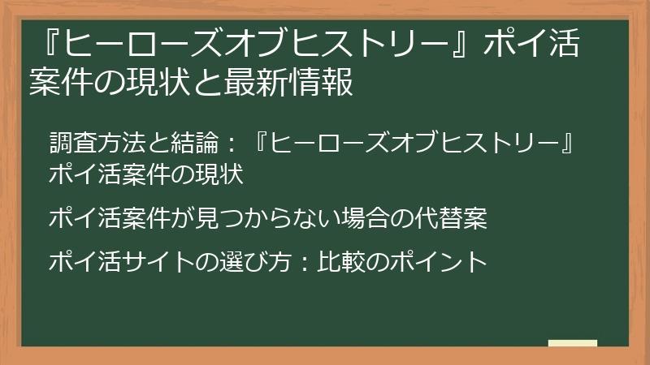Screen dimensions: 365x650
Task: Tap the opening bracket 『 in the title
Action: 48,45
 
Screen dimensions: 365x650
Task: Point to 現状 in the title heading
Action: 170,82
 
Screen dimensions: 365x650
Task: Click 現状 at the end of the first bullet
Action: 223,174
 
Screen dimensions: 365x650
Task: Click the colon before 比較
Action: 296,263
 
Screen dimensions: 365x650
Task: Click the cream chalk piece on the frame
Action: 573,344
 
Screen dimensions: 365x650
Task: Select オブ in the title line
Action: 262,45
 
